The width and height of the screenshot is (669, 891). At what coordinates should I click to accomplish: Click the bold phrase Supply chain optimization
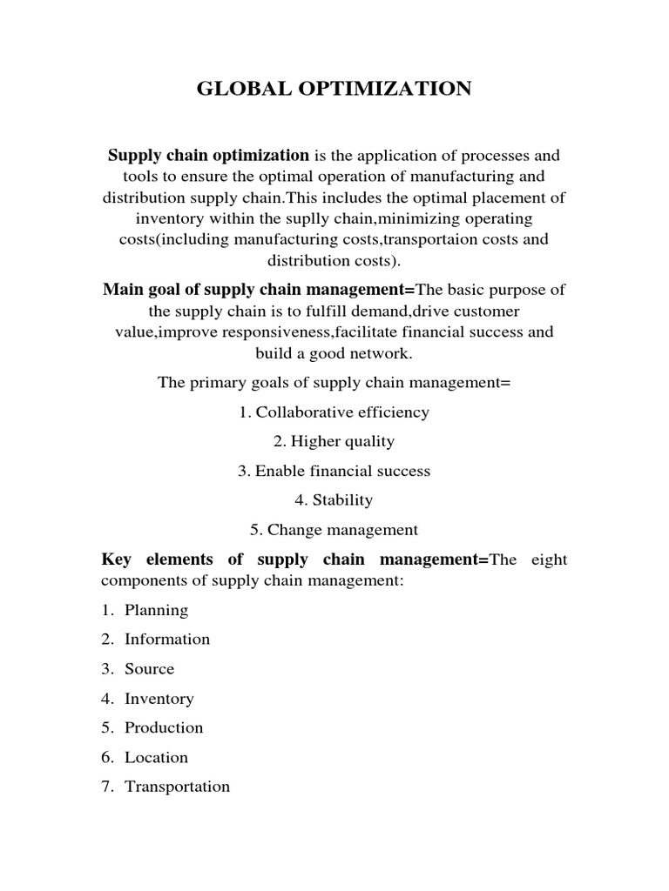coord(208,156)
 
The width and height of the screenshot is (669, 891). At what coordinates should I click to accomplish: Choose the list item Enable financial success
coord(341,471)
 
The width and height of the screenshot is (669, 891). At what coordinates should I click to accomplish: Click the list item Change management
coord(342,530)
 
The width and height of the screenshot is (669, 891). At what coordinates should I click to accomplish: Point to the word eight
coord(547,559)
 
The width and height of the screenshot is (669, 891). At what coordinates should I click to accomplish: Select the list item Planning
coord(156,610)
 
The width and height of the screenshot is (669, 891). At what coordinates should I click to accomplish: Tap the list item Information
coord(167,640)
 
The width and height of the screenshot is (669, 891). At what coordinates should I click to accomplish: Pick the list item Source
coord(149,669)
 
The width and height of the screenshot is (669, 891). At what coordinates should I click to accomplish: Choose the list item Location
coord(156,757)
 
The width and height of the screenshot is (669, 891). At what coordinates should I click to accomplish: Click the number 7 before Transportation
coord(106,787)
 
